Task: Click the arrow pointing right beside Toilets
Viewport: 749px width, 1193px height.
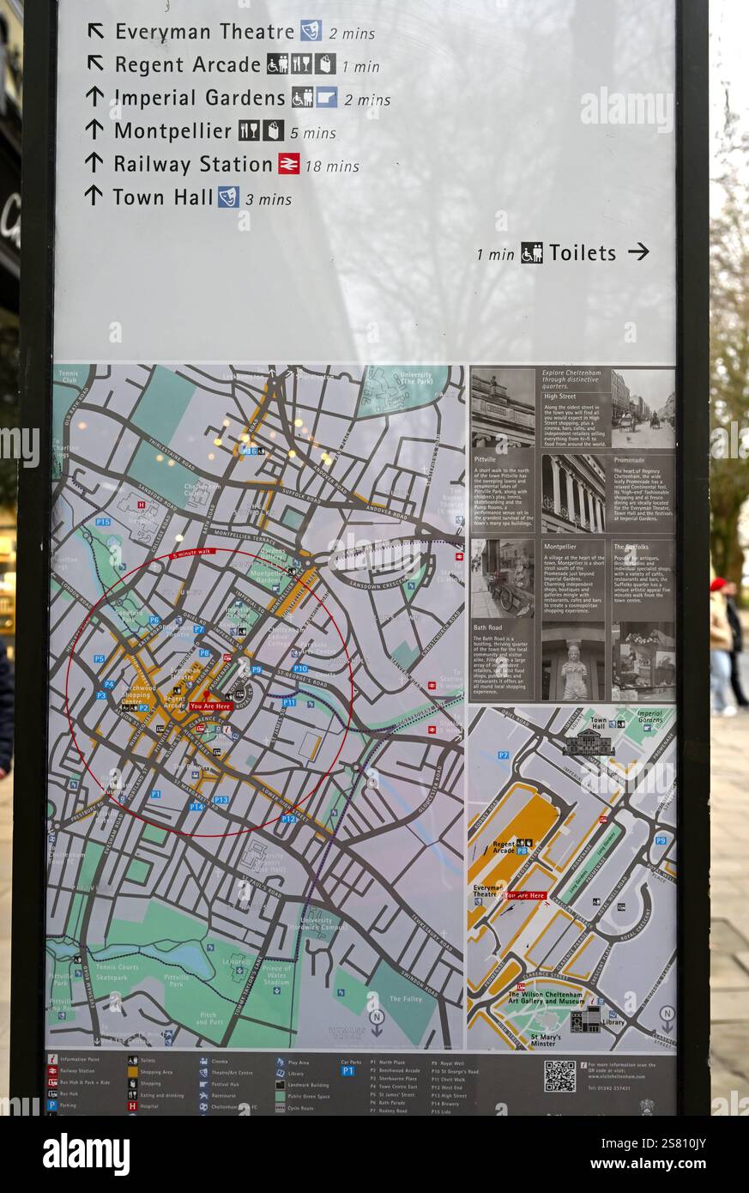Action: point(638,251)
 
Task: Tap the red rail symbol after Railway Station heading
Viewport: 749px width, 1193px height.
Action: point(289,163)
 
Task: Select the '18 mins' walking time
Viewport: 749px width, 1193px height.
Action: point(332,166)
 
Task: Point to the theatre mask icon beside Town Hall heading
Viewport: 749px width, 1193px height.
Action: point(227,197)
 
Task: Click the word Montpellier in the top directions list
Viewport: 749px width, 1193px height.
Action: point(172,131)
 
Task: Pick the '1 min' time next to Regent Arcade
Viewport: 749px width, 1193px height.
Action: point(360,66)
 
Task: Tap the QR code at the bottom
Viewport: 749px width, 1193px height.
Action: point(559,1075)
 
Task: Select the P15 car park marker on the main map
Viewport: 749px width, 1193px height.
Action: point(103,522)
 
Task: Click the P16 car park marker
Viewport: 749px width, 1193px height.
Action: point(249,451)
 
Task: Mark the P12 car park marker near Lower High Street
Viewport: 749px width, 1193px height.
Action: point(288,819)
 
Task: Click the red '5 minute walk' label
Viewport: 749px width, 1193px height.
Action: point(196,554)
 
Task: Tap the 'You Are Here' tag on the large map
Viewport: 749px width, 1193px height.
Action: point(210,706)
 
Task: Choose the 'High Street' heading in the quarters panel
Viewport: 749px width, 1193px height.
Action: point(560,397)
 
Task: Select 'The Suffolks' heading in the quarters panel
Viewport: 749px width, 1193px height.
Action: point(631,547)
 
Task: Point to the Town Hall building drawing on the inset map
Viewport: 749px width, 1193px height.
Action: point(589,743)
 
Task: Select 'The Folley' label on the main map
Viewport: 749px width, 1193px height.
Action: point(406,999)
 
